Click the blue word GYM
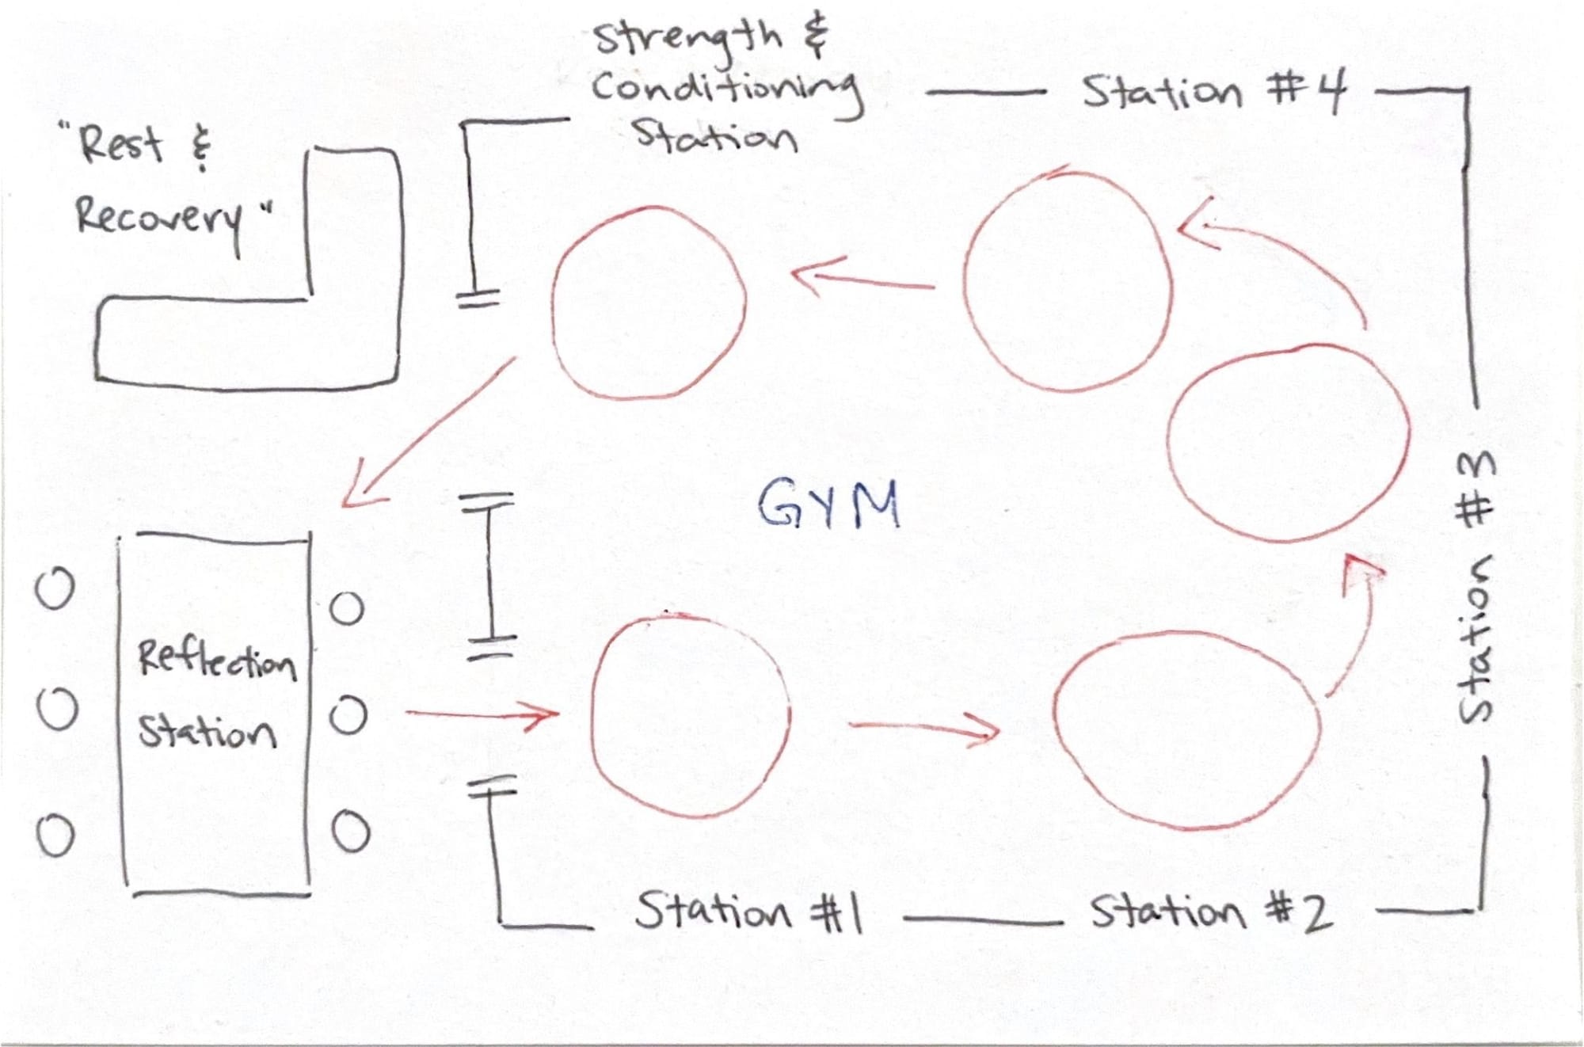click(828, 504)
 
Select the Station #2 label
click(1210, 912)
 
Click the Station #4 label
click(1213, 93)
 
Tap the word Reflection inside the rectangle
click(216, 659)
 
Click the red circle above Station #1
click(691, 716)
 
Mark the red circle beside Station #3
click(1288, 444)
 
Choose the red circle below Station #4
click(1067, 281)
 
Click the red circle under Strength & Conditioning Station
click(649, 302)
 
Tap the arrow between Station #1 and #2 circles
click(923, 726)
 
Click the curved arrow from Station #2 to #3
click(1357, 626)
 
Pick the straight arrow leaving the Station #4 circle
click(863, 280)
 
